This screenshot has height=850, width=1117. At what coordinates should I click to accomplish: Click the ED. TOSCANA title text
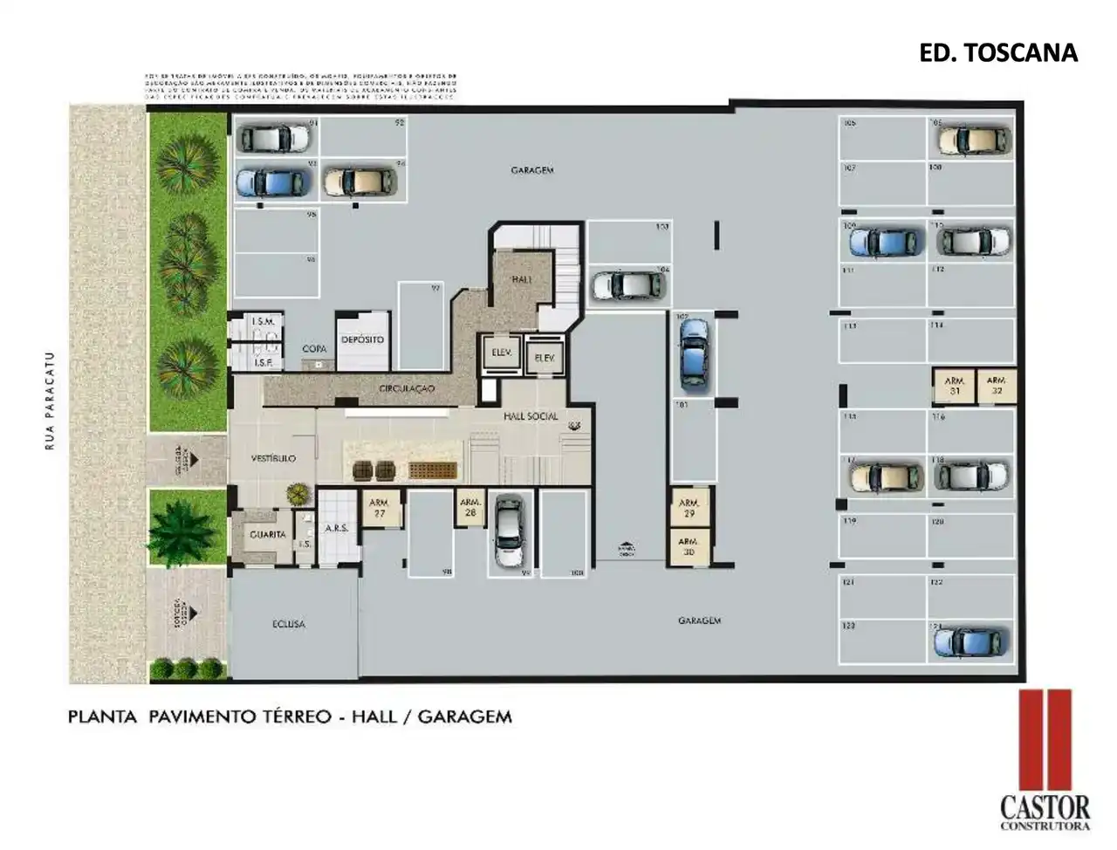click(x=998, y=53)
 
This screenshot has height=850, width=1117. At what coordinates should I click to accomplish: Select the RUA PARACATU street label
click(x=50, y=401)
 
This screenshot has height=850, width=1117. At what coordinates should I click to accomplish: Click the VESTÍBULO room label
click(x=273, y=458)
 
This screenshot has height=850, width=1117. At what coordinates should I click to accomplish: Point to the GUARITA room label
click(x=267, y=534)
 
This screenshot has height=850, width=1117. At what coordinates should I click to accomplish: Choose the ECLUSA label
click(x=288, y=625)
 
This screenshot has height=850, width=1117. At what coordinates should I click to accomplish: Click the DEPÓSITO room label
click(x=362, y=339)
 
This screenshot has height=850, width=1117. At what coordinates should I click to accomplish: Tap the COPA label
click(x=314, y=349)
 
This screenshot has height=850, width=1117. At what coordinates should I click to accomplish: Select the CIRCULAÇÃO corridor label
click(x=407, y=388)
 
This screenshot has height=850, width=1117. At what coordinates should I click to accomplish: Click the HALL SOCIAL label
click(x=531, y=416)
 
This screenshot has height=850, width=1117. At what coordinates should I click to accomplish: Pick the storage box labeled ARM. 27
click(x=380, y=508)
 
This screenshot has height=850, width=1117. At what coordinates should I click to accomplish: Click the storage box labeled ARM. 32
click(x=997, y=386)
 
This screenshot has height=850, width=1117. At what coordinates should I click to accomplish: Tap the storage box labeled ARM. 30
click(x=689, y=547)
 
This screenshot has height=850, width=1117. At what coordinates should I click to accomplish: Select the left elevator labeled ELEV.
click(x=501, y=353)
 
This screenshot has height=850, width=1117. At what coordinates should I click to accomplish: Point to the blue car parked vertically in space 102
click(x=693, y=353)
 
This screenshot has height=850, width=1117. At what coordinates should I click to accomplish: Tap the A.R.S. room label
click(x=337, y=528)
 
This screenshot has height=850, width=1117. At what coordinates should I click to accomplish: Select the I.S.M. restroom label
click(x=264, y=322)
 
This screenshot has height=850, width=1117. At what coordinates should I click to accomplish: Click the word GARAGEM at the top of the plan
click(x=532, y=170)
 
